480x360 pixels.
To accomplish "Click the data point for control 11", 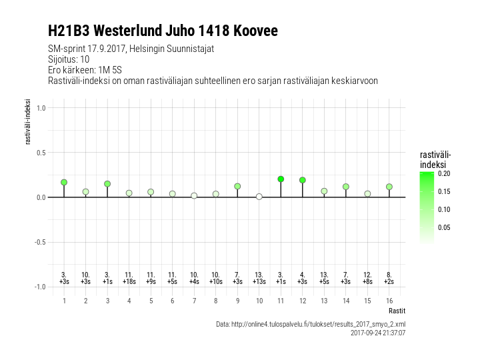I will tap(281, 179).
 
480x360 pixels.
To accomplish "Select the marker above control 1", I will tap(64, 182).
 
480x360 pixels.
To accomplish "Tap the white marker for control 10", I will tap(259, 197).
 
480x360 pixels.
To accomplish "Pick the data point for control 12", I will tap(303, 180).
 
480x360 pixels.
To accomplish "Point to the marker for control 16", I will tap(389, 187).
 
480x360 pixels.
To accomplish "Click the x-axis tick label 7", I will tap(194, 301).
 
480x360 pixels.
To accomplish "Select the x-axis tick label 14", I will tap(346, 301).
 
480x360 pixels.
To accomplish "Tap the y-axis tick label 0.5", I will tap(40, 153).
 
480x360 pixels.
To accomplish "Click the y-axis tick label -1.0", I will tap(39, 287).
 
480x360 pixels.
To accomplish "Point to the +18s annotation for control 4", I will tap(129, 282).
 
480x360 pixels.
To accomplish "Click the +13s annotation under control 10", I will tap(259, 282).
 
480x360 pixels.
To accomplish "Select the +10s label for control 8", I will tap(216, 282).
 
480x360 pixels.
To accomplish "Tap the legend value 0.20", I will tap(445, 173).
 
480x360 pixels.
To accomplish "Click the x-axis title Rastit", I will tap(397, 311).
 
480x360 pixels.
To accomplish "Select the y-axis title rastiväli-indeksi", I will tap(28, 122).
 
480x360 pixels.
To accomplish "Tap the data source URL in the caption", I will tap(311, 324).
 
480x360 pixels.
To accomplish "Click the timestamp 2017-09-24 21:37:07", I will tap(378, 332).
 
